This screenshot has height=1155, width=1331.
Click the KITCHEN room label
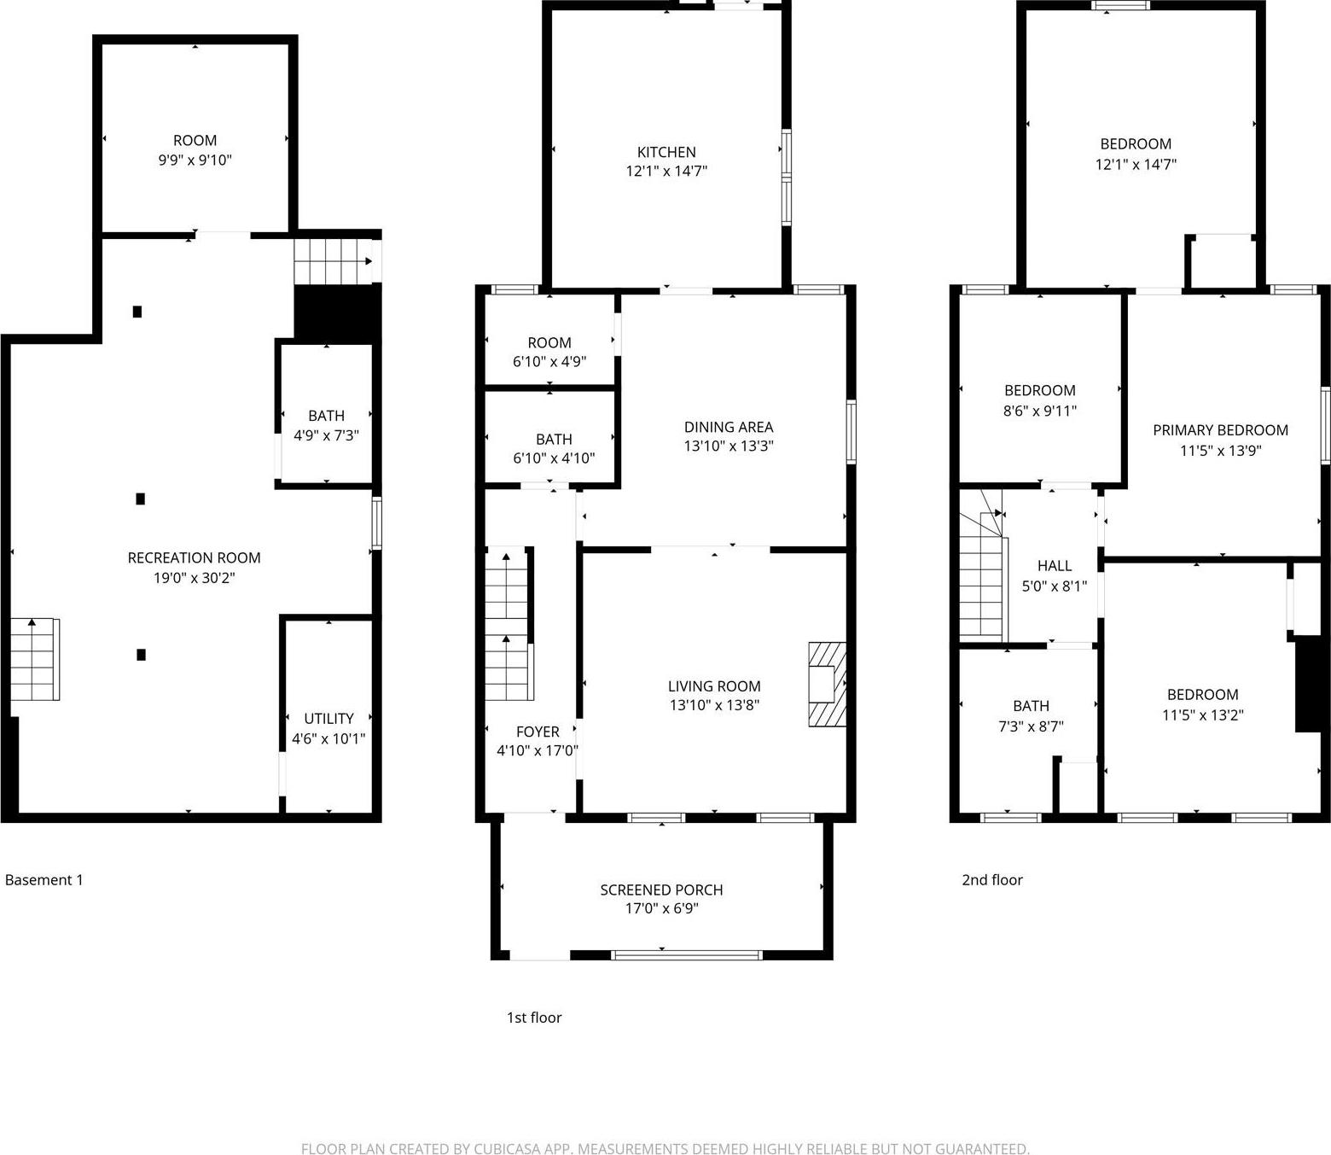[x=666, y=152]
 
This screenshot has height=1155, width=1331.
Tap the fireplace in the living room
[x=826, y=684]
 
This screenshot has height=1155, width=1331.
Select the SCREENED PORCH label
[x=661, y=890]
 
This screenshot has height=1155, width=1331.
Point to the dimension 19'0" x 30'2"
[x=194, y=578]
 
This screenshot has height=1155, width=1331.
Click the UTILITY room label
[x=328, y=718]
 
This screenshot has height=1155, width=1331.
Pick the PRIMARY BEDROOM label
[x=1220, y=430]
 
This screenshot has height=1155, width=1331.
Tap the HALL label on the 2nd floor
[x=1054, y=565]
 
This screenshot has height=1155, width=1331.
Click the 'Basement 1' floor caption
[x=44, y=879]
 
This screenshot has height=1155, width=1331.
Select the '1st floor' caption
[x=534, y=1017]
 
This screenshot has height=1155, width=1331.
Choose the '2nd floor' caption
[x=991, y=879]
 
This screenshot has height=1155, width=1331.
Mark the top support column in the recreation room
[x=137, y=312]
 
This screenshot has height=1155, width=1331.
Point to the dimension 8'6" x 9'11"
[x=1039, y=411]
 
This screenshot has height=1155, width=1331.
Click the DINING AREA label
[x=728, y=427]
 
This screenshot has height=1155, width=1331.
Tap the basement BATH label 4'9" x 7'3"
[x=326, y=416]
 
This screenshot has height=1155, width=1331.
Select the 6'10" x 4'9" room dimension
[x=549, y=361]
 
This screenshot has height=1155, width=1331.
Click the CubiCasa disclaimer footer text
[x=665, y=1148]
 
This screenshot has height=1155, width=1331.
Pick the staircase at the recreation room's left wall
[x=35, y=659]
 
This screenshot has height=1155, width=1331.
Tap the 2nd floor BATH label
[x=1031, y=706]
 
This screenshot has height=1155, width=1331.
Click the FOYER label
[x=538, y=732]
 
